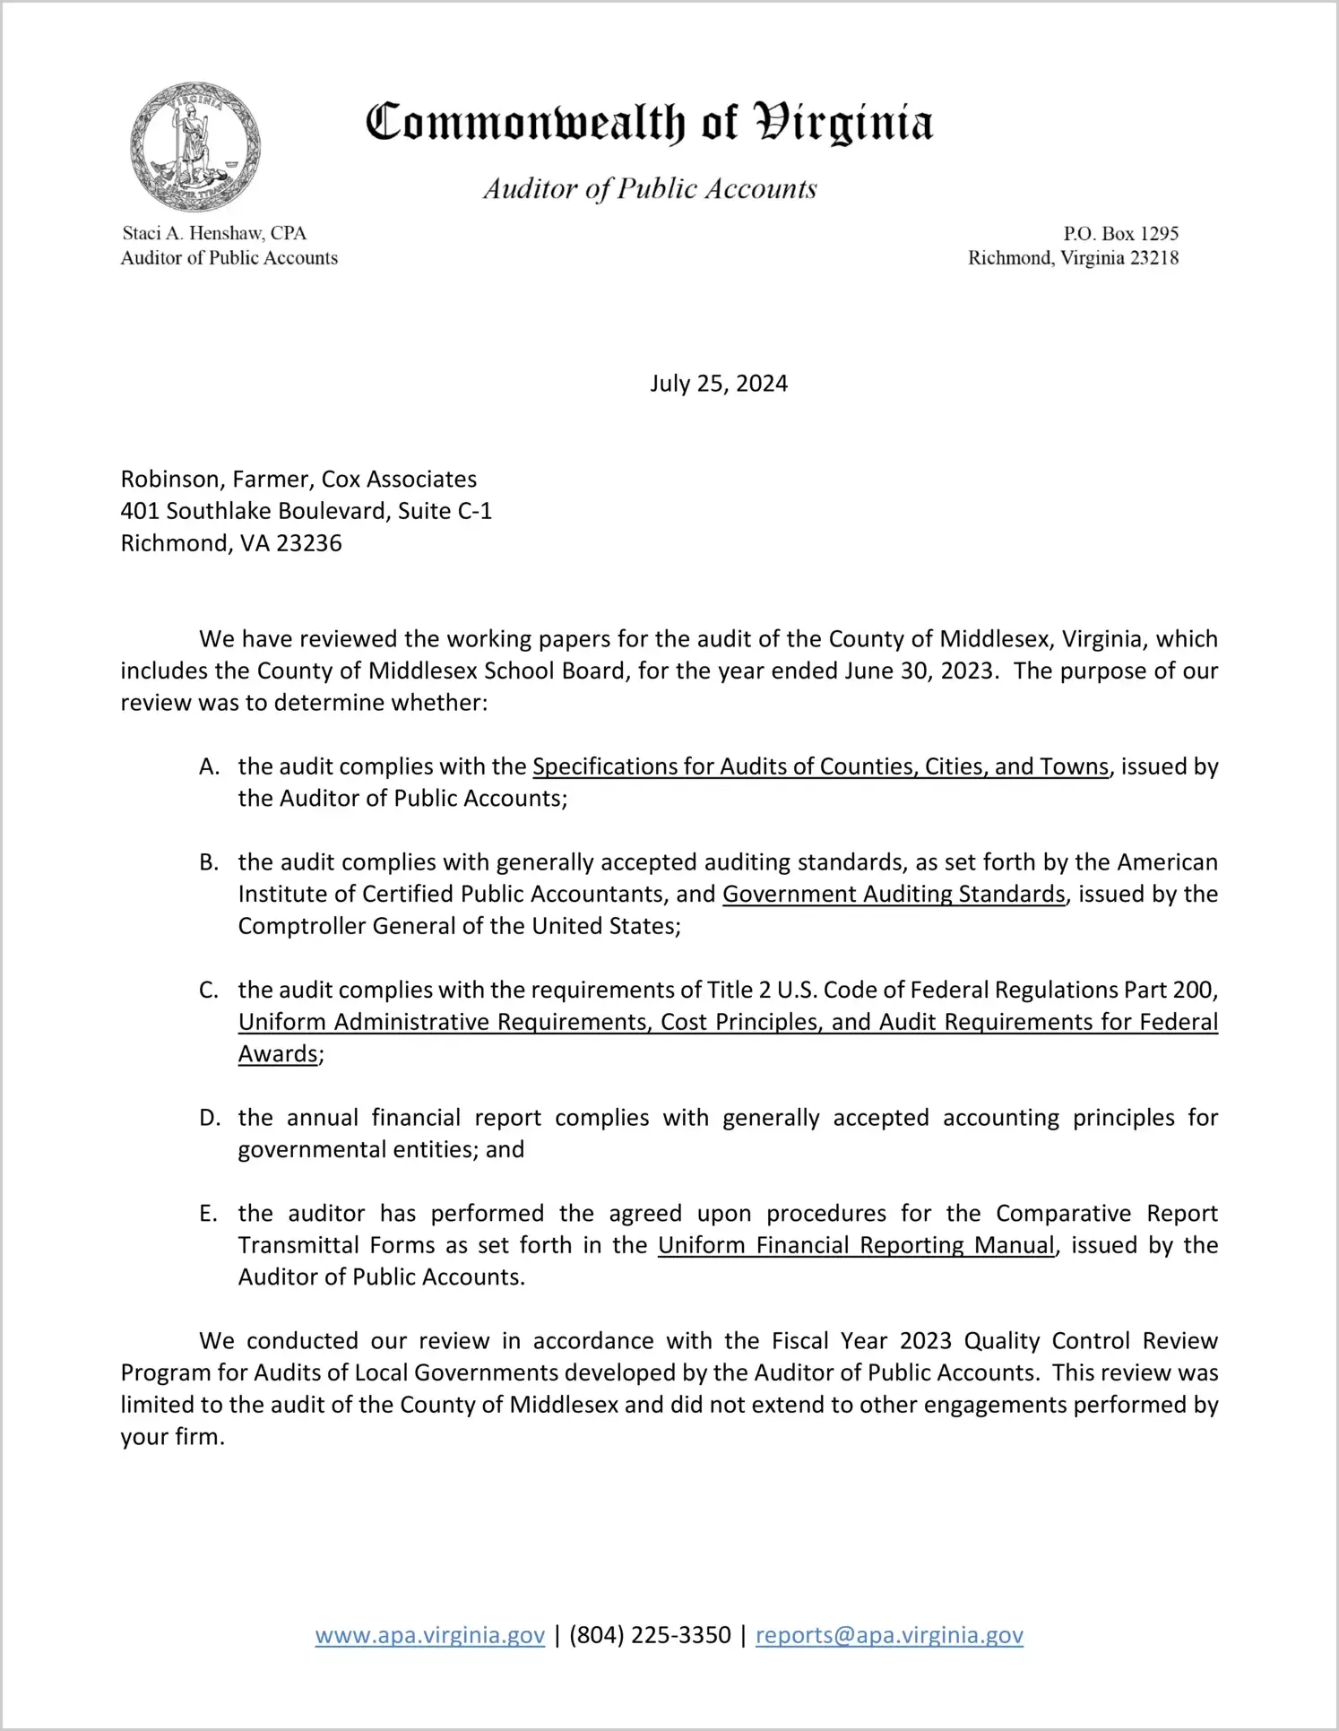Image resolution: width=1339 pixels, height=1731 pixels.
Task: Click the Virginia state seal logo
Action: (195, 147)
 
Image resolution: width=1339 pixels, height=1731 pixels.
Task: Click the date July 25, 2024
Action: (719, 384)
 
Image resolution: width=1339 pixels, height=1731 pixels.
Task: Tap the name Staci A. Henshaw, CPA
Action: (214, 234)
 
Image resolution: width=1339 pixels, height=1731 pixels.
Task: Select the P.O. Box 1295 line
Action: (1120, 234)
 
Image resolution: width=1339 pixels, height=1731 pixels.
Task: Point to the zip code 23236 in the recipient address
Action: (309, 543)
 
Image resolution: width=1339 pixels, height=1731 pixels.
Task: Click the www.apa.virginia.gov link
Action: (430, 1635)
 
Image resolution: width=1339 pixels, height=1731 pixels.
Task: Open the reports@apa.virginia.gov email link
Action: (889, 1635)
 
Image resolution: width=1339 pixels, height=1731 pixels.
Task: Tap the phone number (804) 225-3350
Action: (650, 1635)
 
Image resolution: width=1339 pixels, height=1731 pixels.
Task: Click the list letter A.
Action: (209, 767)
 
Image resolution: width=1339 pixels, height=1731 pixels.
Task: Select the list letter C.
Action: (209, 991)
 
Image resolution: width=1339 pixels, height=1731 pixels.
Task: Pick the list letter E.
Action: (209, 1214)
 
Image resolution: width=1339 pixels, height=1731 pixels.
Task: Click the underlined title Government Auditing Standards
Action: (894, 895)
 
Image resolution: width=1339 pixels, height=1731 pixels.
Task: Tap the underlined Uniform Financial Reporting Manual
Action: (856, 1246)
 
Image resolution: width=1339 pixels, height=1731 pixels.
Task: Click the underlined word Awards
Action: (278, 1054)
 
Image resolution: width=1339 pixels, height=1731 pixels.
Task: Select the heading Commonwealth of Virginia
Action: (650, 123)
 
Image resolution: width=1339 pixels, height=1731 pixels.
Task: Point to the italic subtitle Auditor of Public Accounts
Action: (650, 189)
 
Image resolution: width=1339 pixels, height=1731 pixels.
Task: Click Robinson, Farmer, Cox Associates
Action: (298, 480)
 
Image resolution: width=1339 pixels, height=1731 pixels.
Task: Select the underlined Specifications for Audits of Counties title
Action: (821, 767)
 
